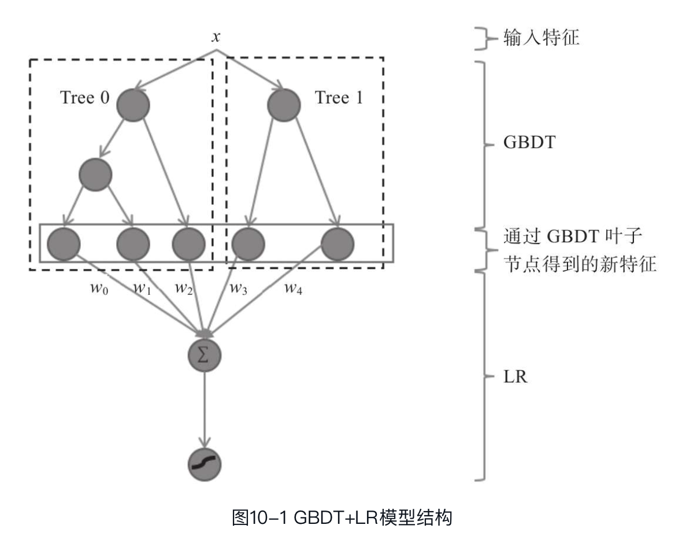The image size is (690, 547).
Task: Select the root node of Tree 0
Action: [133, 105]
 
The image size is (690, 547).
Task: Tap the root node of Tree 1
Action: [284, 105]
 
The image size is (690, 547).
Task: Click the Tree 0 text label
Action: [84, 98]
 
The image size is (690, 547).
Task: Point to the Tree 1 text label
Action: [339, 98]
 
